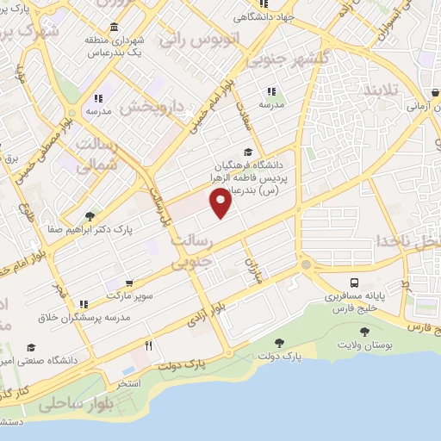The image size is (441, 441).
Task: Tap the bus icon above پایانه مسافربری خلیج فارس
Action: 354,283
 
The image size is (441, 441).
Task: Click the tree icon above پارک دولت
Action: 276,343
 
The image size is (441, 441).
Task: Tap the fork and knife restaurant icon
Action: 149,346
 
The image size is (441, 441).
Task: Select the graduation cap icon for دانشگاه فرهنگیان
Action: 249,152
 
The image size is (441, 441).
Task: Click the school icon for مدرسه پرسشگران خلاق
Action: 84,304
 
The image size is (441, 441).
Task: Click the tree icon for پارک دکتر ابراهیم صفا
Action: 90,216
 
